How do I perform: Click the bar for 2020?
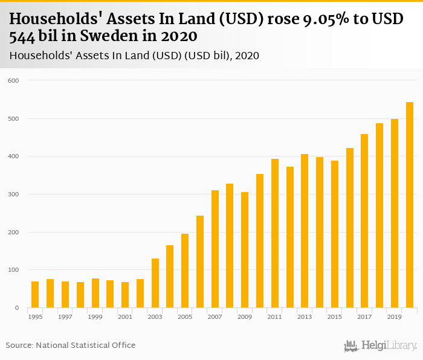tap(410, 205)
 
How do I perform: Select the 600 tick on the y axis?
tap(13, 80)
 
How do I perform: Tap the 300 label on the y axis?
tap(13, 194)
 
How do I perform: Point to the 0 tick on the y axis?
tap(17, 308)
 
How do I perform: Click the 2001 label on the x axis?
tap(125, 317)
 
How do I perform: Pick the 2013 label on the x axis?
tap(305, 317)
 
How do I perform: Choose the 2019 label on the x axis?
tap(395, 317)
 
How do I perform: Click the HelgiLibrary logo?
tap(381, 346)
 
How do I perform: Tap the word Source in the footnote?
tap(19, 345)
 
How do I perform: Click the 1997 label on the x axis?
tap(65, 317)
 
